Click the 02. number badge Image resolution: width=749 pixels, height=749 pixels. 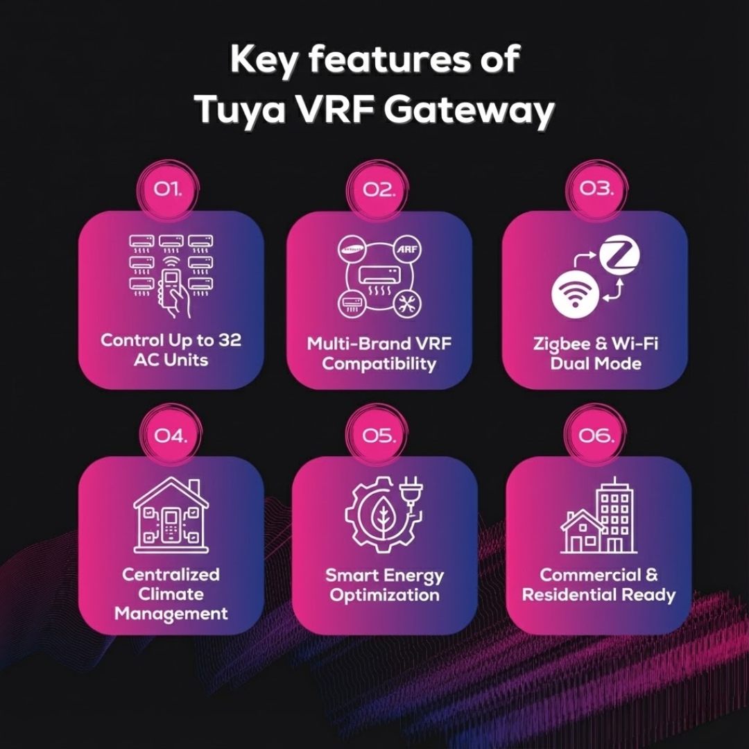pos(379,189)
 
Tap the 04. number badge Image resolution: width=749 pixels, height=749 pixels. pos(170,436)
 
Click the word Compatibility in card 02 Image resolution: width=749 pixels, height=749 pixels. pos(379,363)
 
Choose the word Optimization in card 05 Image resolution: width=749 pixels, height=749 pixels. pos(384,595)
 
